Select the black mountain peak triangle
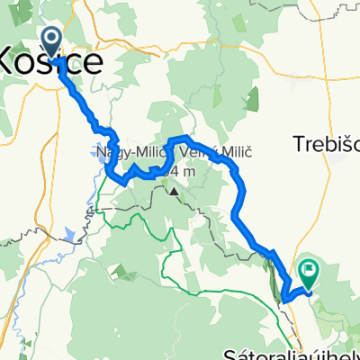(173, 191)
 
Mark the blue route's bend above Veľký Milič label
(185, 138)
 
